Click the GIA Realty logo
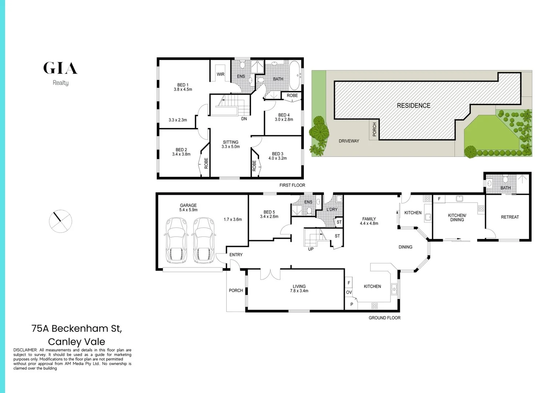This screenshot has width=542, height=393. [x=60, y=73]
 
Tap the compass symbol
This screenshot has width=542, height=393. [x=60, y=221]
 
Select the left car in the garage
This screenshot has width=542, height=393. [x=176, y=240]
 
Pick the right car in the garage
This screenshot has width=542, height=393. [x=204, y=240]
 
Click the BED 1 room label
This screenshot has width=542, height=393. [x=182, y=85]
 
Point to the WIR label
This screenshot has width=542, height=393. [x=221, y=74]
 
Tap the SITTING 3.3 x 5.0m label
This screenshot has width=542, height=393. [x=230, y=144]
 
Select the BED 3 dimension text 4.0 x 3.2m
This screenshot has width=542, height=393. [x=278, y=158]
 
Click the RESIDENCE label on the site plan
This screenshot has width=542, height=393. [x=413, y=106]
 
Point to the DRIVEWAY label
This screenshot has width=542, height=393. [x=349, y=141]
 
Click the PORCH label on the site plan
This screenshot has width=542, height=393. [x=374, y=130]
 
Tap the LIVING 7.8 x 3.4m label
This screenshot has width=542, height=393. [x=299, y=289]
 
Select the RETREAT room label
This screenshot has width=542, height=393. [x=510, y=217]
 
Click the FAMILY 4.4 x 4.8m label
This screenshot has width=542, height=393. [x=369, y=221]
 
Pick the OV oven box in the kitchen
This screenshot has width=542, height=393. [x=349, y=292]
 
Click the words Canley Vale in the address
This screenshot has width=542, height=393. [x=76, y=342]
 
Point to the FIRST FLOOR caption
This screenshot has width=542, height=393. [x=292, y=185]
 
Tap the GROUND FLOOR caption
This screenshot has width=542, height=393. [x=384, y=318]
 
